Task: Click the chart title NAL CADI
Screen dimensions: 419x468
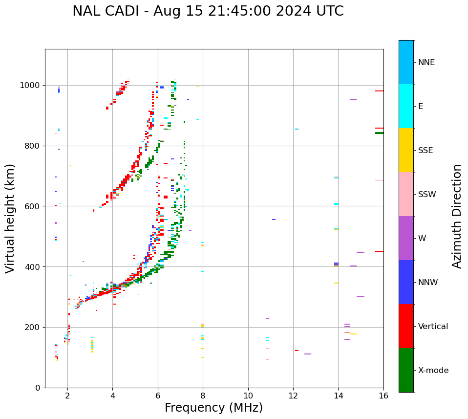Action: coord(208,11)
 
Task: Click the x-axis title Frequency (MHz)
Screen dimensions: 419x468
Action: coord(213,408)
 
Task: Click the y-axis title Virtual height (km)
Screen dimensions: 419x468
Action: coord(10,218)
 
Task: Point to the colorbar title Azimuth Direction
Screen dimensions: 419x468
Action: coord(457,216)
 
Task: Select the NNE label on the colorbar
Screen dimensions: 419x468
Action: coord(426,63)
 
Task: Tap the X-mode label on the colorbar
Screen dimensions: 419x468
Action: coord(433,371)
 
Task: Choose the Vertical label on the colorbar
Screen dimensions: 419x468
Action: coord(433,327)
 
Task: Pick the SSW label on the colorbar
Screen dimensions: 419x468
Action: coord(427,195)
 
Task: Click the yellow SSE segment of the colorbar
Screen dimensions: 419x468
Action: coord(406,150)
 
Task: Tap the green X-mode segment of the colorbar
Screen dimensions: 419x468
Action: coord(406,370)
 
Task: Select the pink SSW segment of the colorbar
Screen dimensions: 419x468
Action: coord(406,194)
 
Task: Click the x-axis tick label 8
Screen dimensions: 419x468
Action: coord(203,396)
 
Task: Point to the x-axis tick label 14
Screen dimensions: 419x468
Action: coord(338,396)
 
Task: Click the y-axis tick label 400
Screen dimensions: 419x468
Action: coord(33,267)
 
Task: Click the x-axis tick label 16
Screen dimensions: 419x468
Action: coord(383,396)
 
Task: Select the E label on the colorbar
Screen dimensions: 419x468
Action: coord(421,107)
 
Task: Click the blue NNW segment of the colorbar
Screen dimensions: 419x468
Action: coord(406,282)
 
